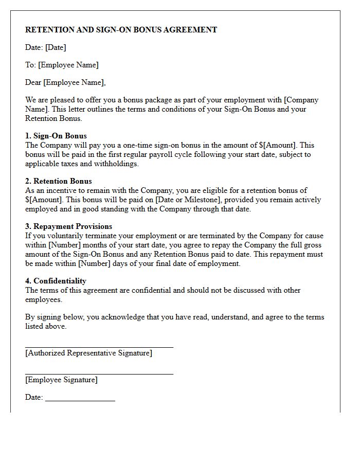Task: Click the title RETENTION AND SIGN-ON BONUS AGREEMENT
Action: (x=121, y=30)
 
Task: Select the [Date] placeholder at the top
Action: (x=56, y=47)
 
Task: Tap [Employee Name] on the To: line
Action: (x=68, y=65)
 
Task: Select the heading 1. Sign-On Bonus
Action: (x=56, y=136)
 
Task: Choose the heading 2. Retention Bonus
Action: (x=59, y=181)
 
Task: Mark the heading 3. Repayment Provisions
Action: (x=68, y=226)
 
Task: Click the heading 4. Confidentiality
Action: (x=56, y=281)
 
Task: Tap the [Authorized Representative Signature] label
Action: (x=88, y=353)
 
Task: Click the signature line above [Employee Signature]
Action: (x=99, y=374)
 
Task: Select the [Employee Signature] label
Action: (x=61, y=380)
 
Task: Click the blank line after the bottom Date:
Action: (x=80, y=400)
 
